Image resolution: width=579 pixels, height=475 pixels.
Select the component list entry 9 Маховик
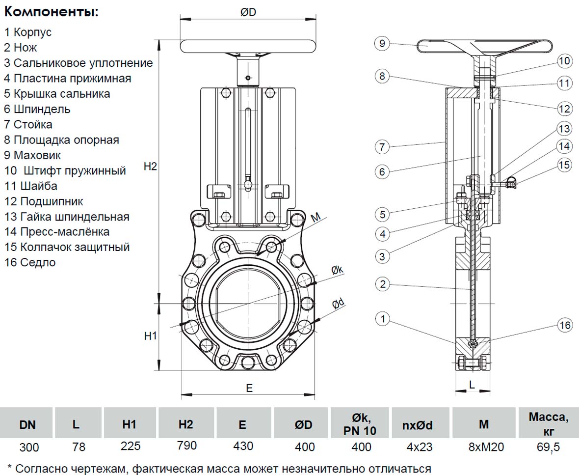coord(32,155)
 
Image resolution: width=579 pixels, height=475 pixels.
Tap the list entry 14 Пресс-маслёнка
coord(57,231)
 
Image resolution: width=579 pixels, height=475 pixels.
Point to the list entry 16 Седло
coord(30,262)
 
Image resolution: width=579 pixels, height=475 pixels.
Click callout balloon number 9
coord(382,44)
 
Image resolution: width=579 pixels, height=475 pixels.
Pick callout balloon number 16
coord(565,325)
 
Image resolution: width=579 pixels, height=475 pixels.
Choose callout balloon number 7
coord(382,147)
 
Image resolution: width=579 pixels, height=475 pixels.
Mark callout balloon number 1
coord(382,320)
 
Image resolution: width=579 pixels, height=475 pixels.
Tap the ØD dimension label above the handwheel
coord(248,12)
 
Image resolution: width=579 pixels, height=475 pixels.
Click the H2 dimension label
coord(150,167)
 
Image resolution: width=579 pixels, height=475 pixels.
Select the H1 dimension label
coord(150,336)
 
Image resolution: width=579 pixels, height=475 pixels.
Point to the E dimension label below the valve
coord(249,388)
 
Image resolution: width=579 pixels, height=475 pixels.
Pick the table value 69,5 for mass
coord(548,447)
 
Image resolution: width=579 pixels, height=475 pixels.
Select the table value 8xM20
coord(483,447)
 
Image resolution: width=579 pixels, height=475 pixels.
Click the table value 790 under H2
coord(186,446)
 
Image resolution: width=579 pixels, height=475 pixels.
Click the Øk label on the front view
coord(337,270)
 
